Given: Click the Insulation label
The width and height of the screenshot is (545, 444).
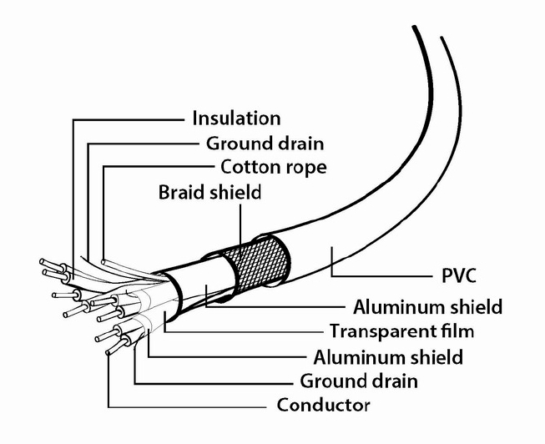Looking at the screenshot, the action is click(x=236, y=119).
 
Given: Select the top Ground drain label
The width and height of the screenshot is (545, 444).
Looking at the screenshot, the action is click(x=265, y=144).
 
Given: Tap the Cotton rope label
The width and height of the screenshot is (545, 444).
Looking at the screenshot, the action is click(x=274, y=167).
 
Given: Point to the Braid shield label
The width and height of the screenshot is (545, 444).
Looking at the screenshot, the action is click(x=209, y=192).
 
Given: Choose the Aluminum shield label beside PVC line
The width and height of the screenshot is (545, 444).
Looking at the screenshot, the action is click(x=428, y=307).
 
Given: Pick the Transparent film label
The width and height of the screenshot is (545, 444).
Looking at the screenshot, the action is click(x=401, y=331).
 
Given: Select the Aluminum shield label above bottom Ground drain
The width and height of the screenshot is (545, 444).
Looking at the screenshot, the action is click(x=388, y=357).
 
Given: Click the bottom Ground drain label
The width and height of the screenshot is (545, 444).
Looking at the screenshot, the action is click(x=359, y=381).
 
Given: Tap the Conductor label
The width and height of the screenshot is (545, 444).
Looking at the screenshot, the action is click(x=324, y=405).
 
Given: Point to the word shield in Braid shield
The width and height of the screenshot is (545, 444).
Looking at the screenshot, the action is click(x=235, y=192).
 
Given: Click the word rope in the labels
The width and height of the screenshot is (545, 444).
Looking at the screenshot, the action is click(x=305, y=169).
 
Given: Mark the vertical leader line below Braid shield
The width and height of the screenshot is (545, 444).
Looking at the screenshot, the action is click(x=240, y=230).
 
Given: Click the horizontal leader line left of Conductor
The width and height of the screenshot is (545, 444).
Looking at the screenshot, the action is click(x=187, y=406).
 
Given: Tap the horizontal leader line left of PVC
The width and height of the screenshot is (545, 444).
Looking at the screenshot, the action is click(x=381, y=275).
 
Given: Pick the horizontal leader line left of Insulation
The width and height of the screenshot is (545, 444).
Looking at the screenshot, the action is click(x=129, y=120).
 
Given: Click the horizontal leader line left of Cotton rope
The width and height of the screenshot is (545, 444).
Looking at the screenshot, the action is click(x=159, y=167).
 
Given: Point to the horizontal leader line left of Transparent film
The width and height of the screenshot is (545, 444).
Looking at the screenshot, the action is click(x=244, y=331).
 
